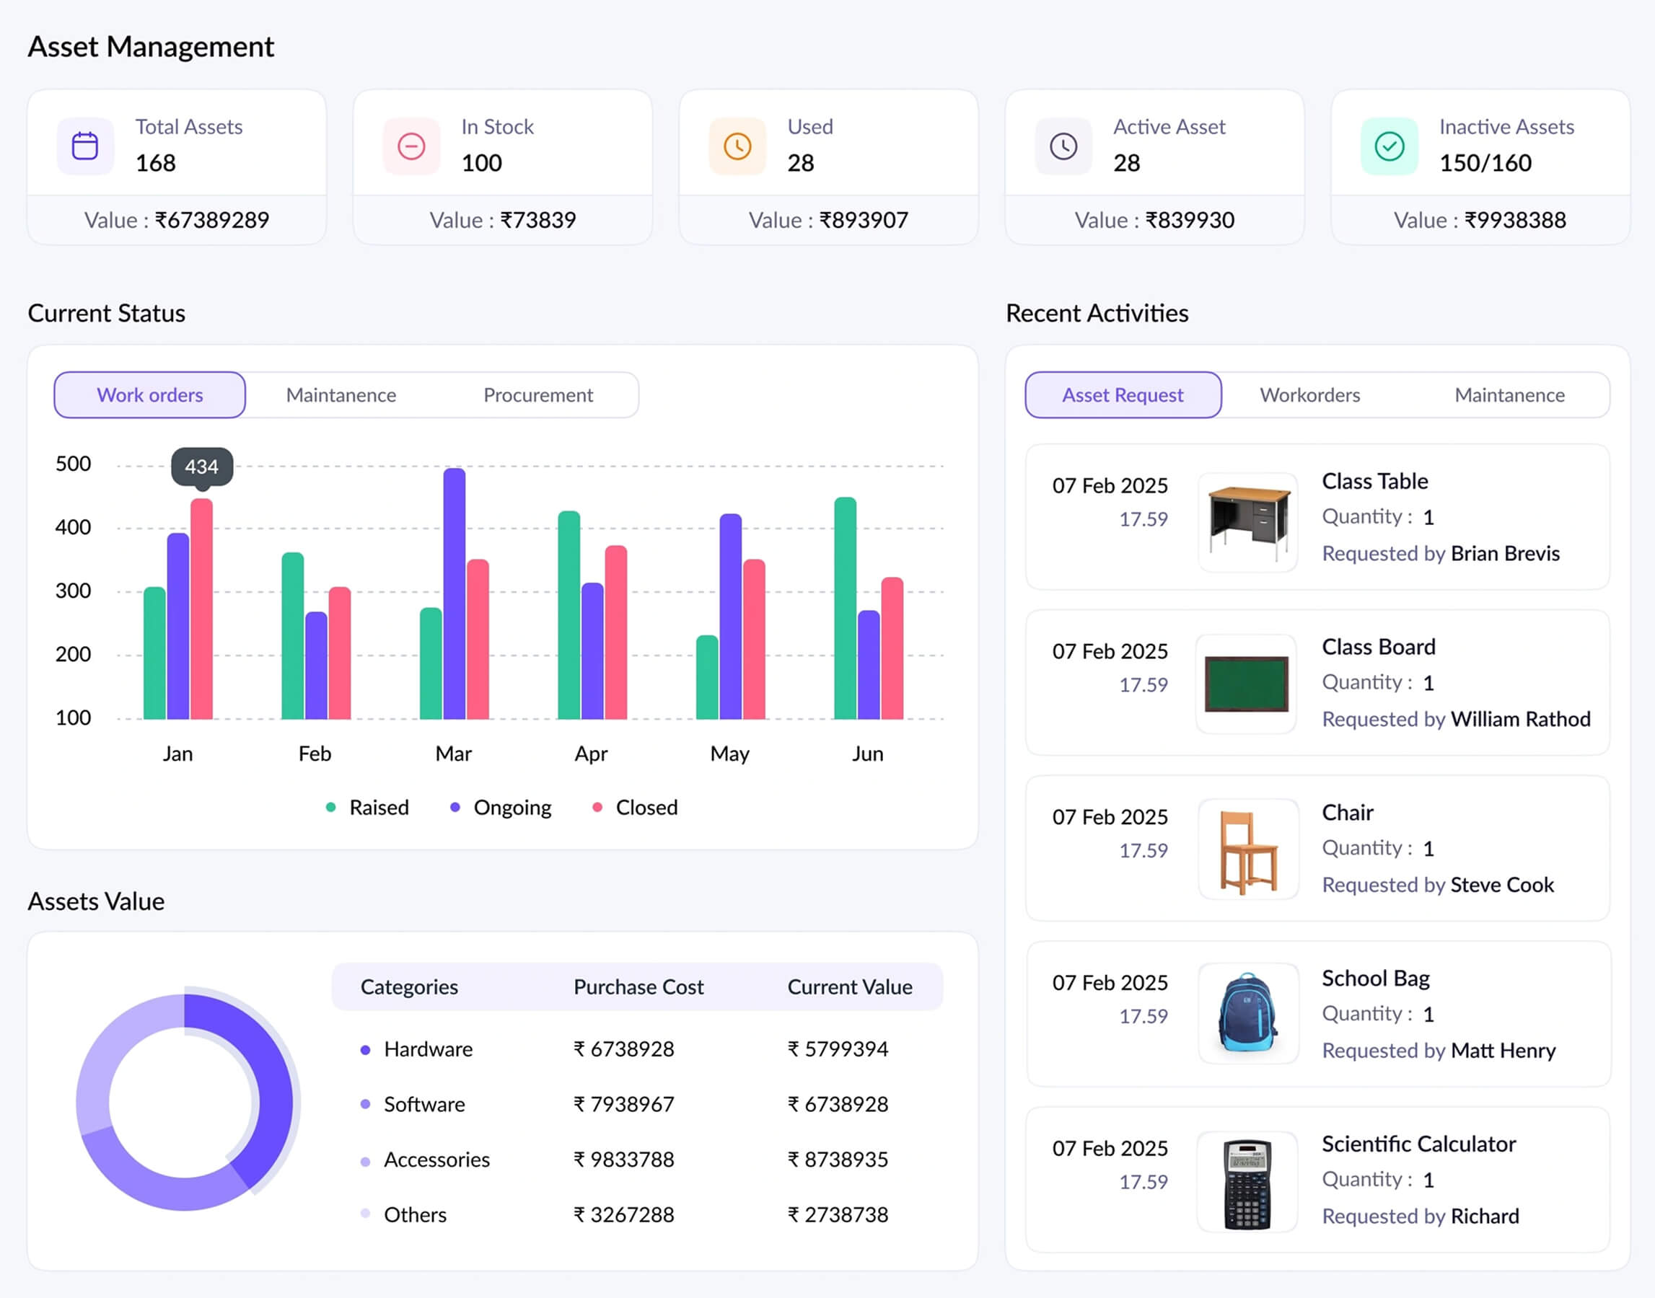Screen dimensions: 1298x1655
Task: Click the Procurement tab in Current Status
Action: click(537, 395)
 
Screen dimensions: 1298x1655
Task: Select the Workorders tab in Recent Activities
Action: click(1309, 395)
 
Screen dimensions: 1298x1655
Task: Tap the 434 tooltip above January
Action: click(201, 467)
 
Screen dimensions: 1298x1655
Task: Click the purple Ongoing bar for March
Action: click(454, 593)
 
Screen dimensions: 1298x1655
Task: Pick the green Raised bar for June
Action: click(845, 608)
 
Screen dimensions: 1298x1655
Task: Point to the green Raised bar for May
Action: click(707, 677)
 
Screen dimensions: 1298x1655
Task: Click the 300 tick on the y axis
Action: click(73, 591)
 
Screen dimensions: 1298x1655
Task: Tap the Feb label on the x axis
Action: click(315, 754)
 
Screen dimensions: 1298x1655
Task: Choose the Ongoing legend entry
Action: click(512, 807)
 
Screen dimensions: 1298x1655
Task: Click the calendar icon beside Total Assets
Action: click(85, 146)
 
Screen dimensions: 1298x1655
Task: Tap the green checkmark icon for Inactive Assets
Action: click(1389, 146)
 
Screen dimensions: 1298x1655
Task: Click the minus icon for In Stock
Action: click(411, 146)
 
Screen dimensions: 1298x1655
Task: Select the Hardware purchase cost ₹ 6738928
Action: click(623, 1048)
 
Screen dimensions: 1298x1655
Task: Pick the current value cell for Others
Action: click(838, 1214)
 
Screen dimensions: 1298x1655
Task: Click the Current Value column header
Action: click(849, 986)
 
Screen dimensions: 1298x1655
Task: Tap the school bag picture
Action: click(1247, 1014)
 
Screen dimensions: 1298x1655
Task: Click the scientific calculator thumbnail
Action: click(1247, 1183)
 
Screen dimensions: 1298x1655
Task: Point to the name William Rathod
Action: click(1519, 719)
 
